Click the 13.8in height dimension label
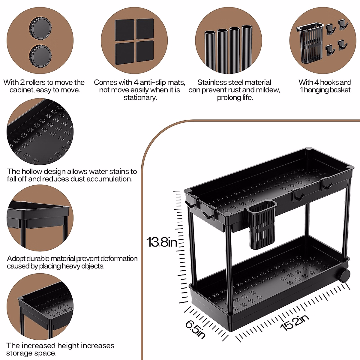162,242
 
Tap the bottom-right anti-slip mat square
145,51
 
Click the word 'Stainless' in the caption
212,82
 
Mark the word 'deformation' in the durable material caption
119,259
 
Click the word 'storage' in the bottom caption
19,353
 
